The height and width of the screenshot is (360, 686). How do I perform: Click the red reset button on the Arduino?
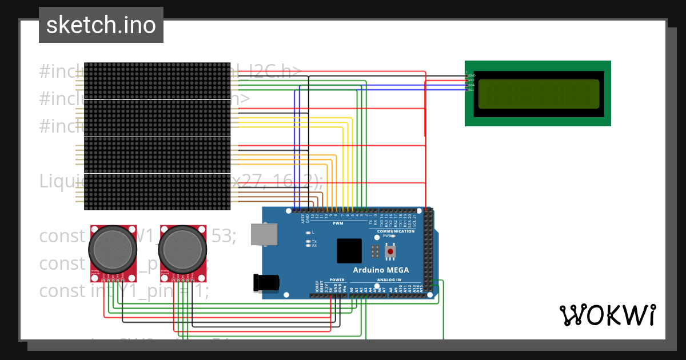390,251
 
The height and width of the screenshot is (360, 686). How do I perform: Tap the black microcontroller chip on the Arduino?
349,250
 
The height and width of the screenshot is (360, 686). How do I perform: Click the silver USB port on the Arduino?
264,234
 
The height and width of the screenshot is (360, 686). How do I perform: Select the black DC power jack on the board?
266,282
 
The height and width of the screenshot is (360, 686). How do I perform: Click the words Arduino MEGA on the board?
381,270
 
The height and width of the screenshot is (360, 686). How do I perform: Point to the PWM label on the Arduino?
338,223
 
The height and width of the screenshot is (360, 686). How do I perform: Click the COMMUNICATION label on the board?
396,231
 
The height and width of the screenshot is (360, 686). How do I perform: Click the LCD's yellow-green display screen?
539,94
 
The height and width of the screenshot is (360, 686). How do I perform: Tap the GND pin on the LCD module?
469,75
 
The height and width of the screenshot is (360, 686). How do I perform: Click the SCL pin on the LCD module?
469,90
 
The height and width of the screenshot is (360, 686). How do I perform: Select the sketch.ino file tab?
101,25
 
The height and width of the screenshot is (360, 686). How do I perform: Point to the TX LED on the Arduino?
309,242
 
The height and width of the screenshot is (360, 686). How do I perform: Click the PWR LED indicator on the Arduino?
393,235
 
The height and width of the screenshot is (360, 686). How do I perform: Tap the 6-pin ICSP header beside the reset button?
375,251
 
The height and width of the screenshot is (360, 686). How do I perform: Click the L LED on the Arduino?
309,233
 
